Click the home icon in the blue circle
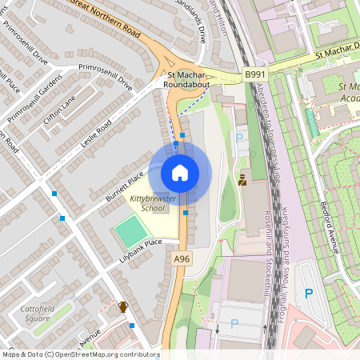180,172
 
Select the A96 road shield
182,258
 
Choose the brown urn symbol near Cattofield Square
123,306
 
